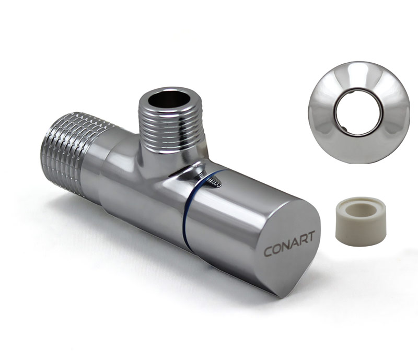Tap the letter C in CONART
point(268,251)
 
